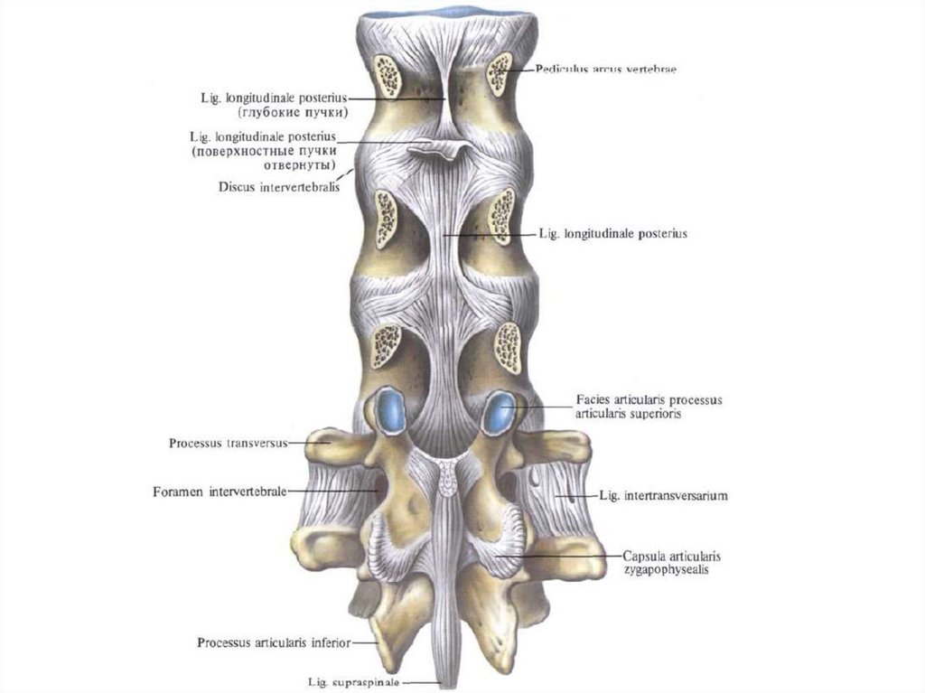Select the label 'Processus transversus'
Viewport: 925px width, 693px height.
click(x=227, y=444)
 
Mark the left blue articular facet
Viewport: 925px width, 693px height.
click(x=391, y=411)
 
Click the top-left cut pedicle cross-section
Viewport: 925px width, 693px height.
click(x=388, y=76)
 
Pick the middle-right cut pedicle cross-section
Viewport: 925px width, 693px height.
click(x=502, y=217)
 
